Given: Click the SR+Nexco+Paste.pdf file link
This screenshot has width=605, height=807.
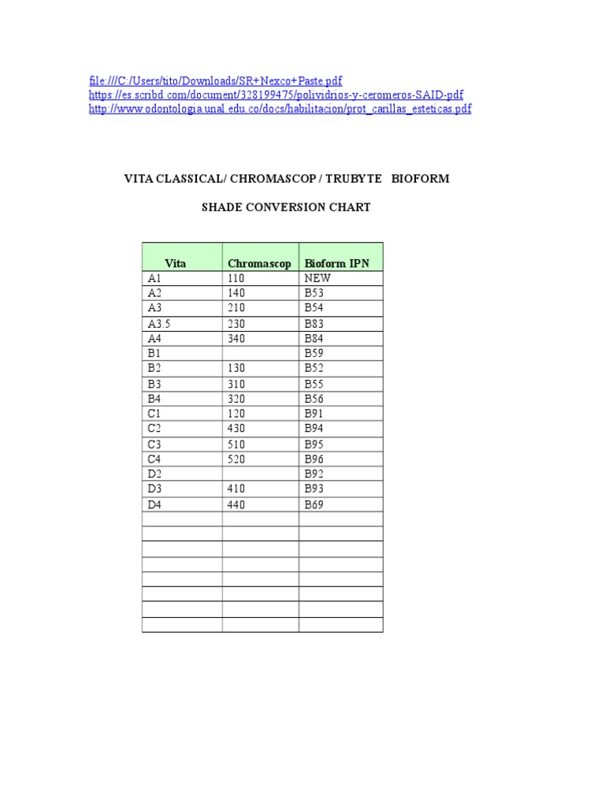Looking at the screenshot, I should coord(216,81).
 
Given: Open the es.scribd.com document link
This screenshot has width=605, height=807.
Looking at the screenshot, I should coord(277,95).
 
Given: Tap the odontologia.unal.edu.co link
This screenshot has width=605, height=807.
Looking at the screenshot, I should coord(280,110).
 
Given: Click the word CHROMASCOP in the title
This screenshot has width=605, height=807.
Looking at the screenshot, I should coord(268,179).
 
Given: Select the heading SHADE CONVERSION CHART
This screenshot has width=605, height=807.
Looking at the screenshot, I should coord(286,207).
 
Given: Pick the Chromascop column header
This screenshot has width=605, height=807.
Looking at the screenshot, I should coord(259,263).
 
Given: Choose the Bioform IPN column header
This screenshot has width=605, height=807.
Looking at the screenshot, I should coord(336,263).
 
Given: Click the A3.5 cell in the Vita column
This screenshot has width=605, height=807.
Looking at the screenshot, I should coord(158,323).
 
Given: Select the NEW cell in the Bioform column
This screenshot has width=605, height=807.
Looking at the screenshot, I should coord(317,278).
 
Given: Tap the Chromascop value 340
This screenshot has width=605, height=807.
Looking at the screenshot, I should coord(236,338).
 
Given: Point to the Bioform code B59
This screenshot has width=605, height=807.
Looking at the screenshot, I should coord(314,353).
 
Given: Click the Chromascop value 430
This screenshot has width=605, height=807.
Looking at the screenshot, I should coord(236,428).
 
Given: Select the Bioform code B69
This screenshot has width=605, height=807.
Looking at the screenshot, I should coord(314,504).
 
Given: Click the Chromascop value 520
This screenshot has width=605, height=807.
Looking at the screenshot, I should coord(236,459).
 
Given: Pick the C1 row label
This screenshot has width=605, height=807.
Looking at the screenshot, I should coord(154,413).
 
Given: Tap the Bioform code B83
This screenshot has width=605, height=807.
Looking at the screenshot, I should coord(314,323).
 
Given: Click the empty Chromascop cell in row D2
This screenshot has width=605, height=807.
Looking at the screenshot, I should coord(260,474).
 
